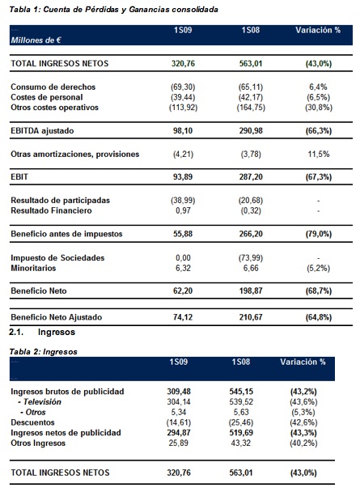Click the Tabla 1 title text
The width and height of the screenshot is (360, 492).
click(x=113, y=10)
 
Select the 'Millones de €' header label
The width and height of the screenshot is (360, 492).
click(x=36, y=40)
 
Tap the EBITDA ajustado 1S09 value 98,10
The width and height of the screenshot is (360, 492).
click(x=183, y=131)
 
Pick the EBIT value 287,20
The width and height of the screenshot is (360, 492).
click(x=251, y=177)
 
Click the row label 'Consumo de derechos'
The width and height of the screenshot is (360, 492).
click(x=53, y=87)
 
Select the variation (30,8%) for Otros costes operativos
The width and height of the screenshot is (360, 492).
click(x=319, y=108)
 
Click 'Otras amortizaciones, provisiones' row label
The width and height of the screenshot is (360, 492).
click(x=75, y=155)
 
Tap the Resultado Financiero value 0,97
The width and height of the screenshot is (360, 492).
click(x=183, y=210)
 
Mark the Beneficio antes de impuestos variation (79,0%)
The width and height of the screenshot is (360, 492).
click(x=319, y=234)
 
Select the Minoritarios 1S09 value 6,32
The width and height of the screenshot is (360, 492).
click(x=183, y=269)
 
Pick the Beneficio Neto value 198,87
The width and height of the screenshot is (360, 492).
click(x=251, y=291)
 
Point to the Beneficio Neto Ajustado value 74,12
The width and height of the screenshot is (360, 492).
click(x=183, y=317)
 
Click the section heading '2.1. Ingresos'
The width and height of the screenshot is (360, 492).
click(x=42, y=332)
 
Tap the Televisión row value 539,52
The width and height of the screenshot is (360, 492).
click(x=241, y=402)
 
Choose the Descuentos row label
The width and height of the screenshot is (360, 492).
click(x=32, y=422)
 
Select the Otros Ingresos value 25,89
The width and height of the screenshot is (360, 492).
click(x=179, y=443)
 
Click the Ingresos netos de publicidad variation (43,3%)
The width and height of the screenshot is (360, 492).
click(x=303, y=433)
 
